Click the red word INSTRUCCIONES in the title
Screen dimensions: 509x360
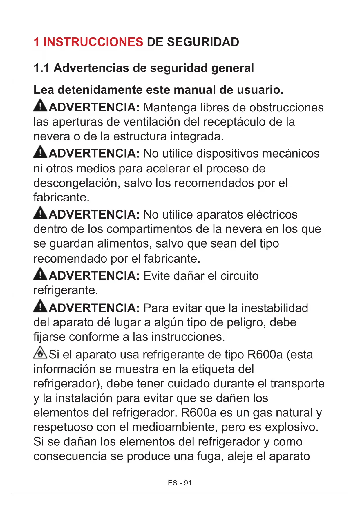(93, 42)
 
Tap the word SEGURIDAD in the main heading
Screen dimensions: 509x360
(203, 42)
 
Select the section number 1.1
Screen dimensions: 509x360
(41, 68)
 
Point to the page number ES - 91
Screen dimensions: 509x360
(180, 483)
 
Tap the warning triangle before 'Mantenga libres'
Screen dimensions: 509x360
(40, 106)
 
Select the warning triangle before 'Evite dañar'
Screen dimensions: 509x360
(40, 274)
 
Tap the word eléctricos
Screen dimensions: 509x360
(272, 215)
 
